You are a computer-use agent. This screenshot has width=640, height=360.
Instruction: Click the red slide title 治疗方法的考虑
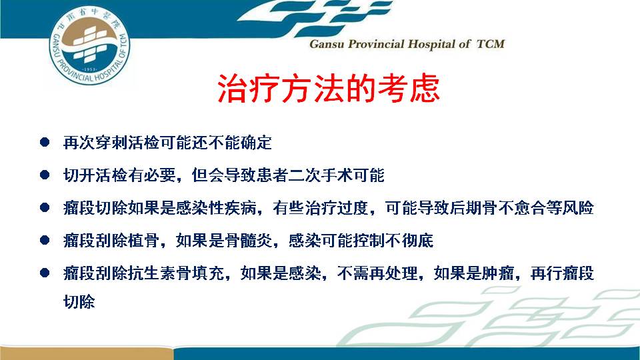(329, 88)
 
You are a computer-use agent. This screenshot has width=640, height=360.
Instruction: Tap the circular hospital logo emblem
(89, 45)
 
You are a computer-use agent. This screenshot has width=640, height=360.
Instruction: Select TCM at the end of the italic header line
(491, 44)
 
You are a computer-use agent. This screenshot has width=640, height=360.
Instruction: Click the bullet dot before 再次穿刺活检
(45, 142)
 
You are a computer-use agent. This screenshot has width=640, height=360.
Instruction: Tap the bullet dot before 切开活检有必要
(45, 175)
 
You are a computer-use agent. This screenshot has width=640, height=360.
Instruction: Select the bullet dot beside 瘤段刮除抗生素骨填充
(45, 273)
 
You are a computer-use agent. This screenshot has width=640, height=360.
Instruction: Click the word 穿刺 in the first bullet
(111, 143)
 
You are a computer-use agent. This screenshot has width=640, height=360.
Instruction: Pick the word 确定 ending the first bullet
(256, 143)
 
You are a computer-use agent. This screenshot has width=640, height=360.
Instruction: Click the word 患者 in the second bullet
(272, 175)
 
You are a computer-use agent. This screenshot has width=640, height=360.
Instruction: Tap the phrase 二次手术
(321, 175)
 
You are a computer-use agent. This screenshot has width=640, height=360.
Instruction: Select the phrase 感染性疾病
(216, 208)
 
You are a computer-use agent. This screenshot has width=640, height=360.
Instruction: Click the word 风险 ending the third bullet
(578, 208)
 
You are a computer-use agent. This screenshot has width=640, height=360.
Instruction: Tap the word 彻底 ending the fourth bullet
(417, 241)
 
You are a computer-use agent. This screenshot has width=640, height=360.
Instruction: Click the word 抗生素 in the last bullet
(152, 273)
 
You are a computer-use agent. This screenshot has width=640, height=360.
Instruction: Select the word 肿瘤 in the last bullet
(497, 273)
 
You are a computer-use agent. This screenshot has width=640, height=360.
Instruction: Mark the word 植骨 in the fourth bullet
(144, 241)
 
